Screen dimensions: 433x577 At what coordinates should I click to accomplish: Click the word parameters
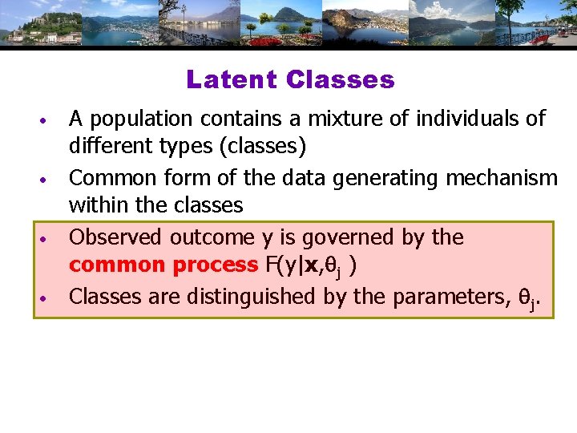[450, 297]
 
